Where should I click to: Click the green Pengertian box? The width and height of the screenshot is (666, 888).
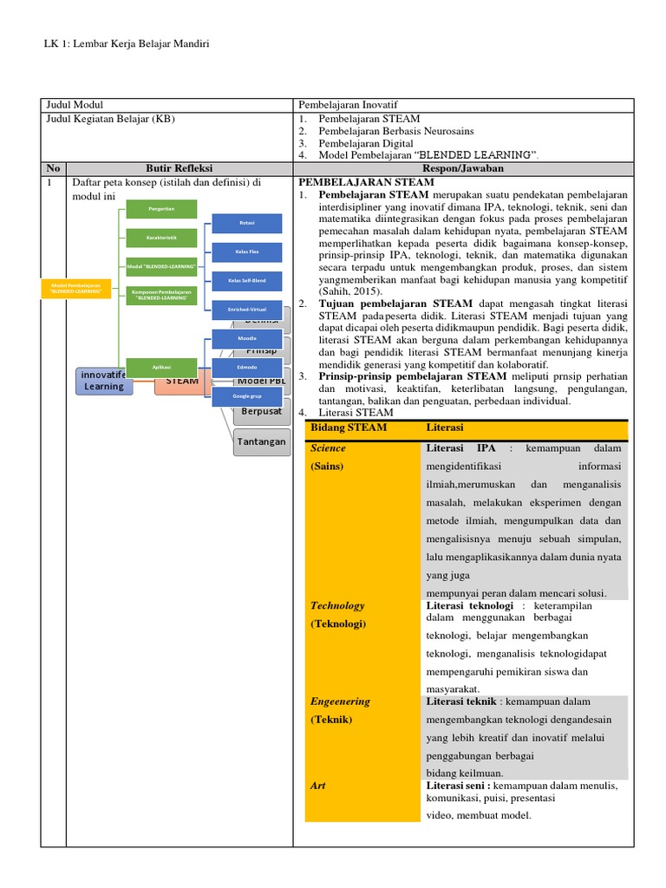[161, 209]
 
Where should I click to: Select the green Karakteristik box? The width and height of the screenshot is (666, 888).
[161, 237]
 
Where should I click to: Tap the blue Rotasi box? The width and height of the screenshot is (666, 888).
[247, 224]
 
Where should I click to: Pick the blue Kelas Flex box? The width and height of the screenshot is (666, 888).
[247, 252]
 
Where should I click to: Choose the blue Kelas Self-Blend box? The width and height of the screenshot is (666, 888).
[247, 281]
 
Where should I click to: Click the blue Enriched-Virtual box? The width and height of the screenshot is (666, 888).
[247, 310]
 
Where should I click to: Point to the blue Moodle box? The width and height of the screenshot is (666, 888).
[247, 338]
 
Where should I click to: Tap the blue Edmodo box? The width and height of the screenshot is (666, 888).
[247, 367]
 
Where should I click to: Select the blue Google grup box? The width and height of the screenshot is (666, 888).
[247, 395]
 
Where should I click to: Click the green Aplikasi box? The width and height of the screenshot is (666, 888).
[161, 367]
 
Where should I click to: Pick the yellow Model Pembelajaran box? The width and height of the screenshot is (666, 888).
[76, 288]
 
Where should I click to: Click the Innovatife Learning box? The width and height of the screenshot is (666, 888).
[103, 381]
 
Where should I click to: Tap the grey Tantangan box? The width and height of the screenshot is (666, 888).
[261, 441]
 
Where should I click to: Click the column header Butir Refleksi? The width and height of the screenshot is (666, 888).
[180, 168]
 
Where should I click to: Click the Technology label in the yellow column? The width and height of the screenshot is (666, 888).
[337, 606]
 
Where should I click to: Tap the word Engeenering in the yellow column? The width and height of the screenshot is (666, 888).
[340, 702]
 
